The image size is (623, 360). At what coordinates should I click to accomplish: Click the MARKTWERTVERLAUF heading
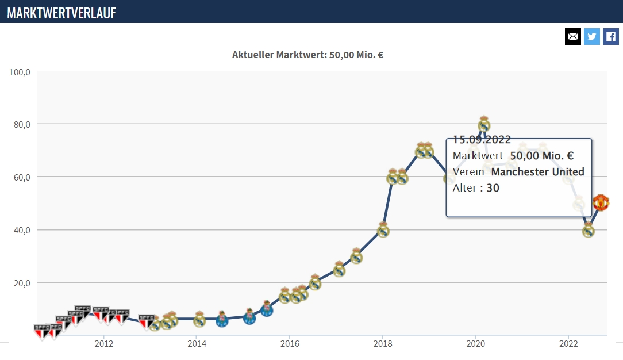point(61,13)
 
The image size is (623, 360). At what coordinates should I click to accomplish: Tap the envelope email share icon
point(573,37)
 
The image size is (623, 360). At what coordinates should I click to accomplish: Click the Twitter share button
point(591,37)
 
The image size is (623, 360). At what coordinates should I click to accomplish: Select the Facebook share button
point(611,37)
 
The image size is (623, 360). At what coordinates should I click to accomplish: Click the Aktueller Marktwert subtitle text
point(307,55)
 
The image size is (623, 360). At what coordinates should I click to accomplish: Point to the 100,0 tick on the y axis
point(20,72)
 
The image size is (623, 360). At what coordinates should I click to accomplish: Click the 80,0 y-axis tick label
point(22,125)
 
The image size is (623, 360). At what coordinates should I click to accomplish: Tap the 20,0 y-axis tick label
point(22,284)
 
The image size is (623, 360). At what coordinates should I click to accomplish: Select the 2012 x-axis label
point(103,344)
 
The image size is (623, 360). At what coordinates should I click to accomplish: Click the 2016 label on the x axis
point(290,344)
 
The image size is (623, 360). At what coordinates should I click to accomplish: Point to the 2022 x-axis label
point(568,344)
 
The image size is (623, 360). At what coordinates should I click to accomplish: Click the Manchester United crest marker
point(601,202)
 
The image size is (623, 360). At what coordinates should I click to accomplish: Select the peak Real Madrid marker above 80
point(483,124)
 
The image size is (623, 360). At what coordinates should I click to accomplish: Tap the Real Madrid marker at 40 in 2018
point(383,229)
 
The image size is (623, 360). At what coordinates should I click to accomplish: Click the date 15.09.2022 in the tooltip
point(482,140)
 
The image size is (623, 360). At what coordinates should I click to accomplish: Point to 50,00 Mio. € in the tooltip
point(542,156)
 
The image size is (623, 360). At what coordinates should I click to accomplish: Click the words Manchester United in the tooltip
point(537,171)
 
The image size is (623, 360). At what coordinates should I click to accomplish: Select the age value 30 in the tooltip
point(493,188)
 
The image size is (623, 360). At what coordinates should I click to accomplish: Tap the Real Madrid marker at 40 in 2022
point(588,229)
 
